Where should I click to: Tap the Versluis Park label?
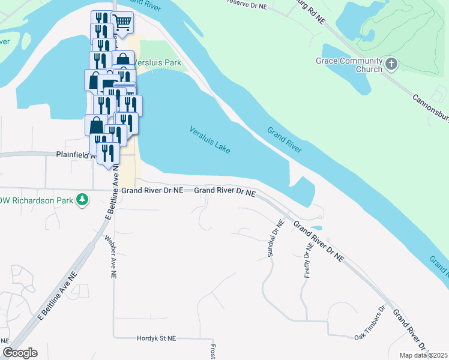[157, 62]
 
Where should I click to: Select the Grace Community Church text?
[349, 65]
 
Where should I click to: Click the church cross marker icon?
[391, 63]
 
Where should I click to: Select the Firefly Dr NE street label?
[309, 261]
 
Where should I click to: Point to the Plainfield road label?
[76, 154]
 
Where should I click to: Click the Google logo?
[19, 353]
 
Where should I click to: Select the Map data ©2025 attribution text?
[424, 355]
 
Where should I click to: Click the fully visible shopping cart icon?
[122, 23]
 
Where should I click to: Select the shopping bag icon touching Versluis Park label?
[123, 60]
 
